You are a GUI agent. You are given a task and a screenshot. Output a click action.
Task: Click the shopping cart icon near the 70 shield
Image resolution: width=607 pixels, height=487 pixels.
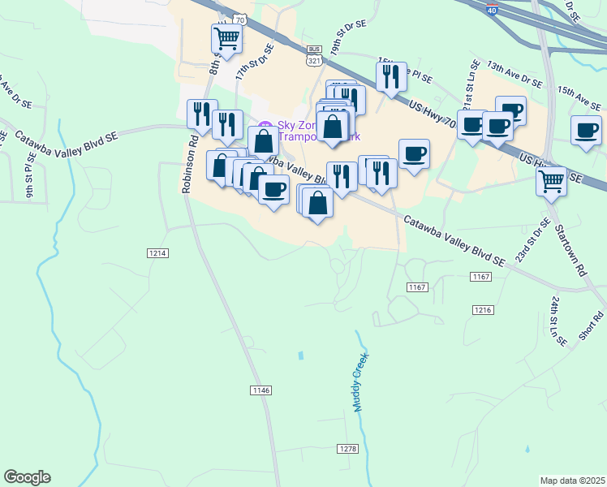(x=226, y=37)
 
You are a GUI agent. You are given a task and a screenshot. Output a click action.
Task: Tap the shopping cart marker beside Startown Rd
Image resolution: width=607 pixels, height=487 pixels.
(x=552, y=179)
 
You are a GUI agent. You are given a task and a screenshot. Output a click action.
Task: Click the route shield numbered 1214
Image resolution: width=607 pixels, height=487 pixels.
(x=158, y=254)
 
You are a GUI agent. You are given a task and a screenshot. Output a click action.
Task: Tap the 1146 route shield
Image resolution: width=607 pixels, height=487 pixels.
(x=260, y=390)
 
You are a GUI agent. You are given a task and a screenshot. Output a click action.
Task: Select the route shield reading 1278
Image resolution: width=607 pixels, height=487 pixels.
(x=347, y=449)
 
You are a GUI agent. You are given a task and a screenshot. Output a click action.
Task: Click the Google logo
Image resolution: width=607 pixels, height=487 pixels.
(x=27, y=477)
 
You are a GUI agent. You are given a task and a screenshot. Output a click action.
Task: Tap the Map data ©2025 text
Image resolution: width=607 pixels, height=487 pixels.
(x=572, y=481)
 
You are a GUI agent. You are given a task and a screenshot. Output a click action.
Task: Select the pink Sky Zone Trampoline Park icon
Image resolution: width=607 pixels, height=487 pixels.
(x=263, y=127)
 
